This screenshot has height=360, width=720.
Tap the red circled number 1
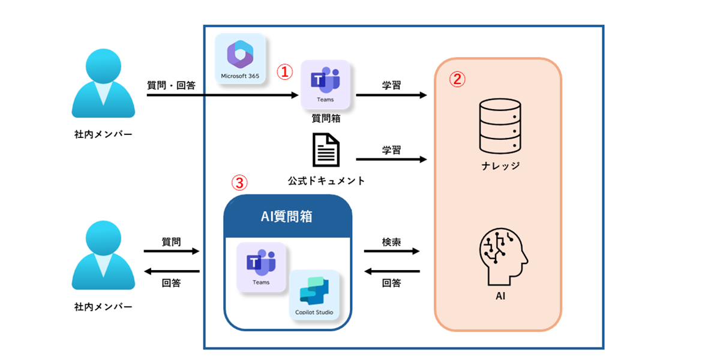[284, 71]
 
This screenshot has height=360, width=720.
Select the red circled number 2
[457, 79]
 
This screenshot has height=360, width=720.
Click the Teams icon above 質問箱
[325, 84]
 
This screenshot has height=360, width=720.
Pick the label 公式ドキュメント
[326, 181]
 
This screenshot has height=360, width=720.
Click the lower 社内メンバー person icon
[103, 256]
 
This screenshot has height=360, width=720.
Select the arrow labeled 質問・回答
[222, 95]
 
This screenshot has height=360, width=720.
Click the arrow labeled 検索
[392, 252]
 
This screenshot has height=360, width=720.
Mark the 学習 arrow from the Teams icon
[391, 95]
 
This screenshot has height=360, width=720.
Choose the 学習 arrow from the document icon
[391, 160]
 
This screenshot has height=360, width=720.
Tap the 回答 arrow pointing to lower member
[171, 271]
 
